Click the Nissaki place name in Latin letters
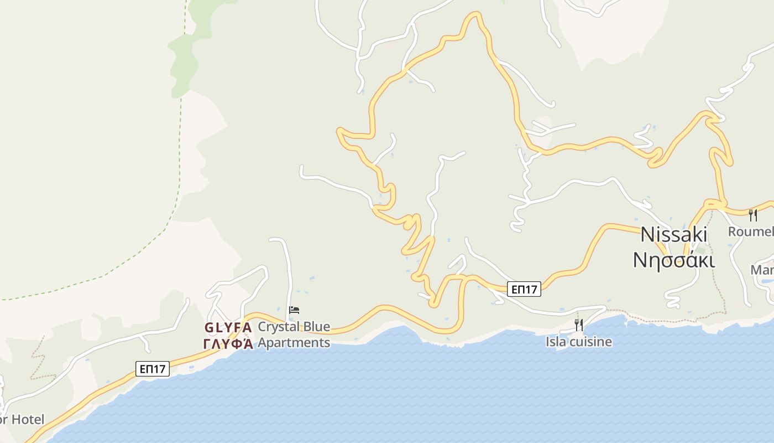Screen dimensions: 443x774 pos(673,235)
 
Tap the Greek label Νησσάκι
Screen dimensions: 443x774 pos(673,259)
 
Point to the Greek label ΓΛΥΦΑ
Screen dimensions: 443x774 pos(228,344)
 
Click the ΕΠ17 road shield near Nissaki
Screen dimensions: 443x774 pos(524,289)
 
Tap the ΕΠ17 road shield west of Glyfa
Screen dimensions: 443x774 pos(152,369)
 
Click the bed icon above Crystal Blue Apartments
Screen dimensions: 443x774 pos(294,310)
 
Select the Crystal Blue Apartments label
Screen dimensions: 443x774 pos(294,334)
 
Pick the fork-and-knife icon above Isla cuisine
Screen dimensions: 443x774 pos(579,324)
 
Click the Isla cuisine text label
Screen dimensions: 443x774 pos(579,342)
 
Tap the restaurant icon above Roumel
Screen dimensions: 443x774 pos(752,215)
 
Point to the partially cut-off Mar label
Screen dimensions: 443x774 pos(762,270)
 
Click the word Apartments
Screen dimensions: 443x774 pos(294,343)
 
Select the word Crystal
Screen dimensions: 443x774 pos(278,327)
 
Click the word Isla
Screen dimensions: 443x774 pos(556,342)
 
